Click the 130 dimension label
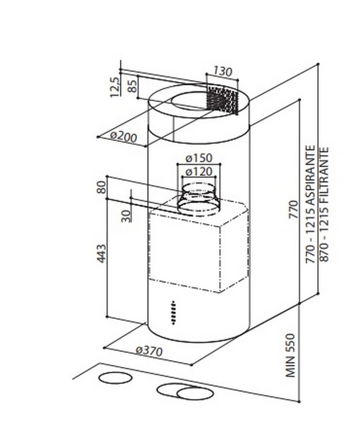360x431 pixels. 222,71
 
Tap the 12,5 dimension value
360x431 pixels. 114,87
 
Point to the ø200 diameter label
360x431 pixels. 123,136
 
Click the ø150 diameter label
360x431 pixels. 199,158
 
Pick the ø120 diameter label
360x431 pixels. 199,172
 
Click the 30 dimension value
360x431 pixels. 126,216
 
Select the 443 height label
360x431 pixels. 101,254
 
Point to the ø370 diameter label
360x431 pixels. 149,351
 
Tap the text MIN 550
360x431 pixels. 290,355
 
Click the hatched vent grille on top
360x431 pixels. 222,99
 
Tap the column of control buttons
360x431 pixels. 173,313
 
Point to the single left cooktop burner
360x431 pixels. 115,378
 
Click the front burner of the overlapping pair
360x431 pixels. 195,394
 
